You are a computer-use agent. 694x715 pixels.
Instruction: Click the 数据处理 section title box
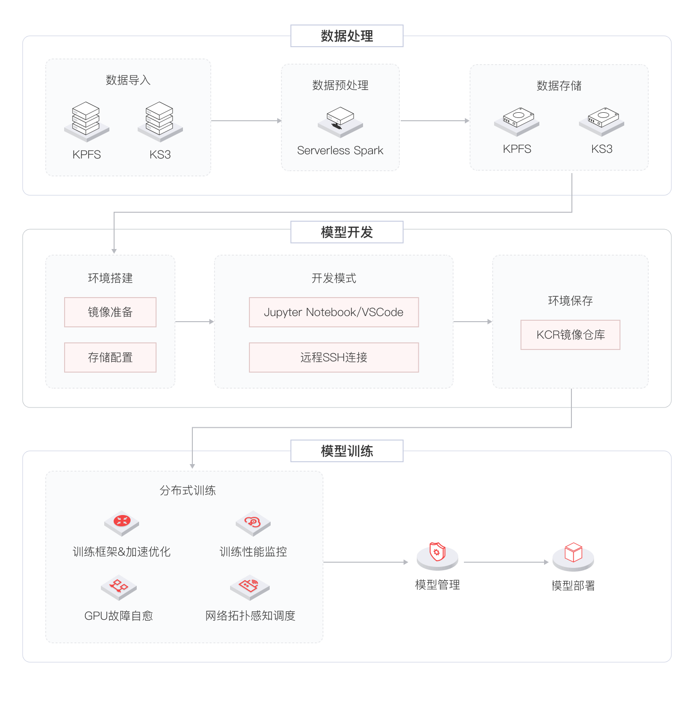tap(347, 36)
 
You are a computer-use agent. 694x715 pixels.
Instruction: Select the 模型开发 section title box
tap(347, 232)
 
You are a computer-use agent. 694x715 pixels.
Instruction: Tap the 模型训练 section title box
tap(347, 451)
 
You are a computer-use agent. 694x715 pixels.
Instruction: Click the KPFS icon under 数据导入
tap(87, 122)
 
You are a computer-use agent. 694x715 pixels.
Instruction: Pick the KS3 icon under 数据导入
tap(160, 122)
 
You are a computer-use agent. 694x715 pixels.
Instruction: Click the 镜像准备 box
tap(110, 312)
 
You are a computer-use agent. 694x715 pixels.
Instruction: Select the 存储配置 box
tap(110, 357)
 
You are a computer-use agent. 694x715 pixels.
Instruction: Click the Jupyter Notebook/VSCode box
tap(334, 312)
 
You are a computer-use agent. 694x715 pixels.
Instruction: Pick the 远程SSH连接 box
tap(334, 357)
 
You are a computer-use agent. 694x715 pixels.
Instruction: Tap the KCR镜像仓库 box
tap(570, 335)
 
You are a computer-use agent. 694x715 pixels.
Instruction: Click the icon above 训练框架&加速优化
tap(122, 523)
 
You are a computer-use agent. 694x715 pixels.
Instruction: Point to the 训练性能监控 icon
tap(253, 523)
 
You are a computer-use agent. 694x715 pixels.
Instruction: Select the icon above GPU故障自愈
tap(119, 588)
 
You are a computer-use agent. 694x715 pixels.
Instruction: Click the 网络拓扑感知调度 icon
tap(250, 588)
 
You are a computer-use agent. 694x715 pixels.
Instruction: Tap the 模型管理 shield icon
tap(438, 556)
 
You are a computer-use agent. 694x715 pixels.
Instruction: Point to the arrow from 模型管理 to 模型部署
tap(506, 562)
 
